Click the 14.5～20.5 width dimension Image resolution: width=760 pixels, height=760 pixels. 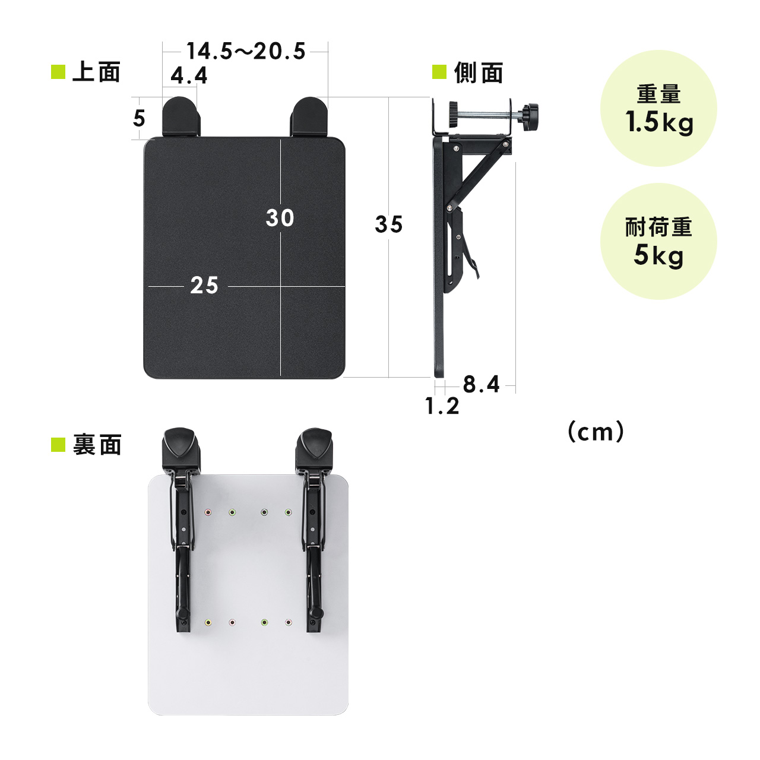point(246,51)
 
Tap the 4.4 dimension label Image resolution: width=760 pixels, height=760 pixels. point(189,75)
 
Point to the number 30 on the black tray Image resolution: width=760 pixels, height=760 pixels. point(280,218)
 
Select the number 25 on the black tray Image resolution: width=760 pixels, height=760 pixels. point(204,285)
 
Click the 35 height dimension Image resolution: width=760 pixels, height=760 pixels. point(389,224)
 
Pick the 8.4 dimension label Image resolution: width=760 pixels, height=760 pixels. point(481,384)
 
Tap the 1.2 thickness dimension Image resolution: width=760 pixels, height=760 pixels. point(442,406)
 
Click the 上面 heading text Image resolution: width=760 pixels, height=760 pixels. point(97,72)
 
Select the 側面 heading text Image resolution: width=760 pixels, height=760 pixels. point(479,72)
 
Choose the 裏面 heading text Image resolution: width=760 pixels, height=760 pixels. point(97,445)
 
